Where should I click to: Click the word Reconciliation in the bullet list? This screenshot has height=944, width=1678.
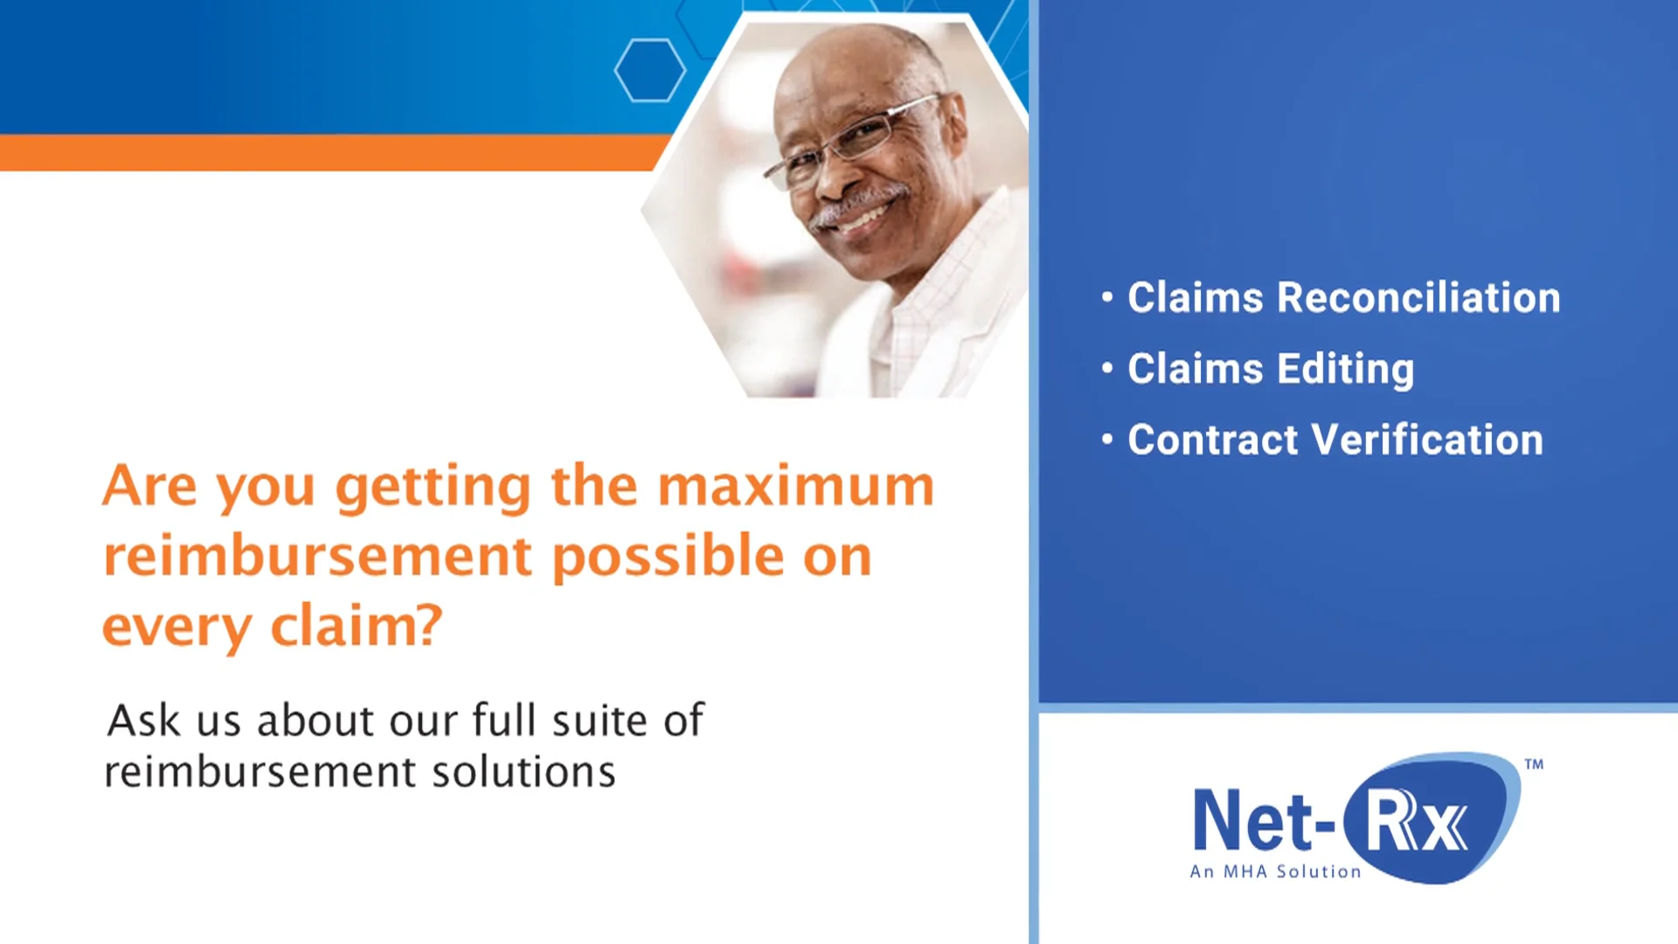[x=1418, y=298]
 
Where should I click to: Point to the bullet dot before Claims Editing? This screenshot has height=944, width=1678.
[x=1107, y=368]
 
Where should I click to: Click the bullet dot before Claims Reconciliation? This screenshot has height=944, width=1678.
[x=1107, y=297]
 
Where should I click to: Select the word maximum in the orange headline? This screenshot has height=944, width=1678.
[x=795, y=486]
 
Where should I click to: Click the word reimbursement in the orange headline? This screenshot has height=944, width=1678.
[x=317, y=557]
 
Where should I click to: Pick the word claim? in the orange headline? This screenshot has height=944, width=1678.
[x=357, y=627]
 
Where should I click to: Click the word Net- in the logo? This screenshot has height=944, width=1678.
[x=1263, y=820]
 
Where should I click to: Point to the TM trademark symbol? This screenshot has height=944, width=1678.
[x=1534, y=764]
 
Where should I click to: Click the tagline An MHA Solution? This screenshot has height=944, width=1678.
[x=1275, y=871]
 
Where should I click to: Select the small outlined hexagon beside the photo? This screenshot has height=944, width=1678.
[x=649, y=70]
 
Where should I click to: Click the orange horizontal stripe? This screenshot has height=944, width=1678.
[x=332, y=152]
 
